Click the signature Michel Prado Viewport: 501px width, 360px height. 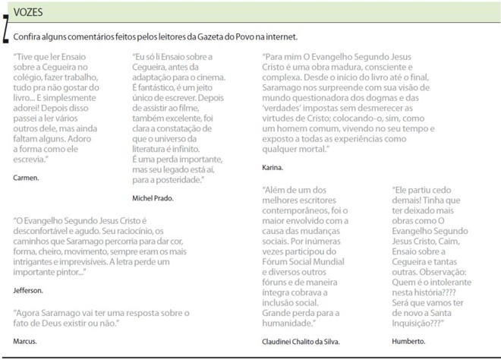click(153, 197)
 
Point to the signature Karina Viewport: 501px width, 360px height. click(273, 166)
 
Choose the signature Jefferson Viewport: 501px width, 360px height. click(29, 290)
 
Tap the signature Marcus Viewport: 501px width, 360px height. click(25, 341)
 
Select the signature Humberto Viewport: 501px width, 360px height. click(409, 341)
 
